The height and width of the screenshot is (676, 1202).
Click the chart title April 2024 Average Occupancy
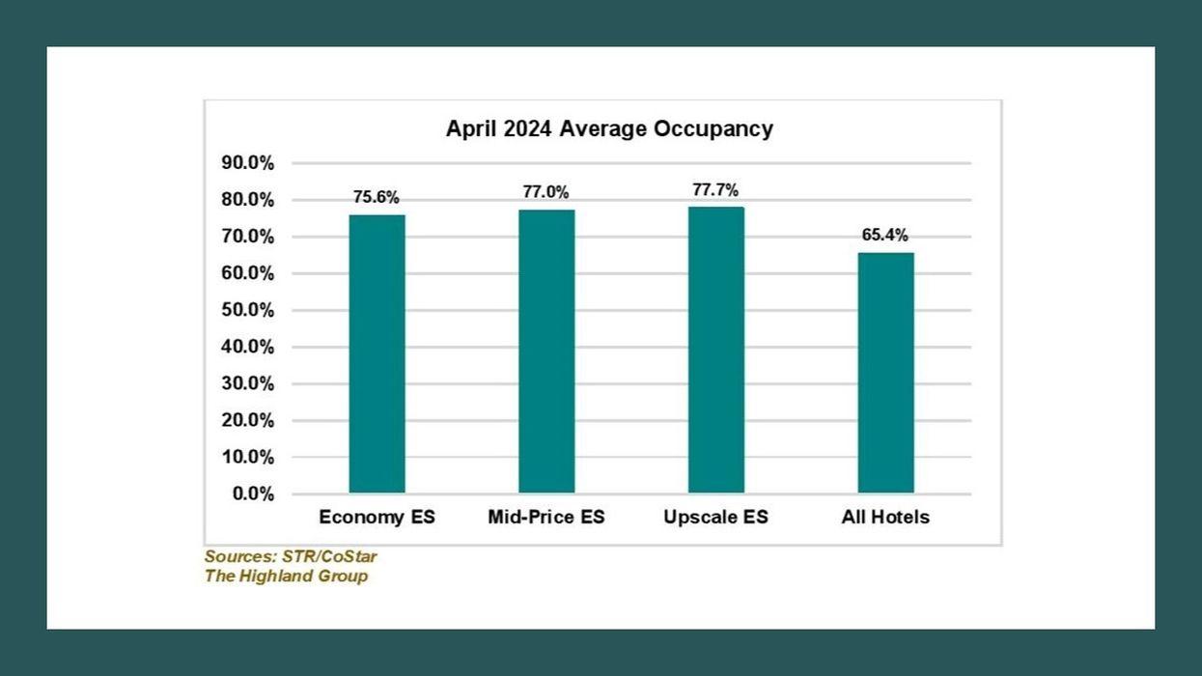point(609,129)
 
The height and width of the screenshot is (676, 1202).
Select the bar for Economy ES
point(377,353)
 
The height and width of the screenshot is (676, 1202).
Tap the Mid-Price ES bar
point(546,352)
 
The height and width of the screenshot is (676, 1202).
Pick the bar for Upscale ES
point(715,350)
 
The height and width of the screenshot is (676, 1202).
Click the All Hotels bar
point(885,373)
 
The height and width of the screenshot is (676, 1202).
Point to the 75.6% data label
point(377,197)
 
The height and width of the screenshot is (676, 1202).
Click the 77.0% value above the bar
point(546,192)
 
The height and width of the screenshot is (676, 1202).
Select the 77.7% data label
point(715,189)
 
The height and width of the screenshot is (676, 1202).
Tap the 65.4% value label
point(885,235)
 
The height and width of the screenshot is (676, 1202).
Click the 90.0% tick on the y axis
point(248,163)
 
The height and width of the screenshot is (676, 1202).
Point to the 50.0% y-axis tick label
point(248,310)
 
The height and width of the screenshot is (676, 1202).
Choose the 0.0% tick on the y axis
point(253,494)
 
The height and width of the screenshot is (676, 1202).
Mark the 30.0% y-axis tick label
point(248,383)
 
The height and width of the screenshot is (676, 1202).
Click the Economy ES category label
point(377,518)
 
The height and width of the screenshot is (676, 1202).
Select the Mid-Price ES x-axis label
point(546,518)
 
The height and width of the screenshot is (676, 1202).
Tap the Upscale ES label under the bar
point(715,518)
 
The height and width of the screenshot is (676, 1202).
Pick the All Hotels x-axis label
point(885,518)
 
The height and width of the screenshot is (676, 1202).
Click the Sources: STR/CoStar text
point(291,557)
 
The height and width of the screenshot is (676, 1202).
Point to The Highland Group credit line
point(286,577)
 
